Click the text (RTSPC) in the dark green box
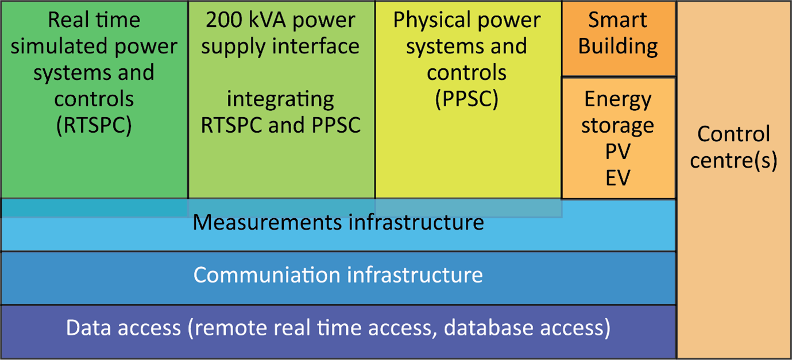click(94, 125)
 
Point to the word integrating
click(280, 99)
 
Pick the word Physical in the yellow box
click(428, 20)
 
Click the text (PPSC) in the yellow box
click(466, 99)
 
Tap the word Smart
click(618, 20)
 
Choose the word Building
click(618, 47)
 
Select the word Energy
click(618, 99)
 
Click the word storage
click(618, 125)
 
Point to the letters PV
click(618, 152)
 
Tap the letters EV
click(618, 177)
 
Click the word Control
click(733, 134)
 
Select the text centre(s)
click(733, 161)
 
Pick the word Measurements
click(268, 222)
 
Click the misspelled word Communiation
click(265, 274)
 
